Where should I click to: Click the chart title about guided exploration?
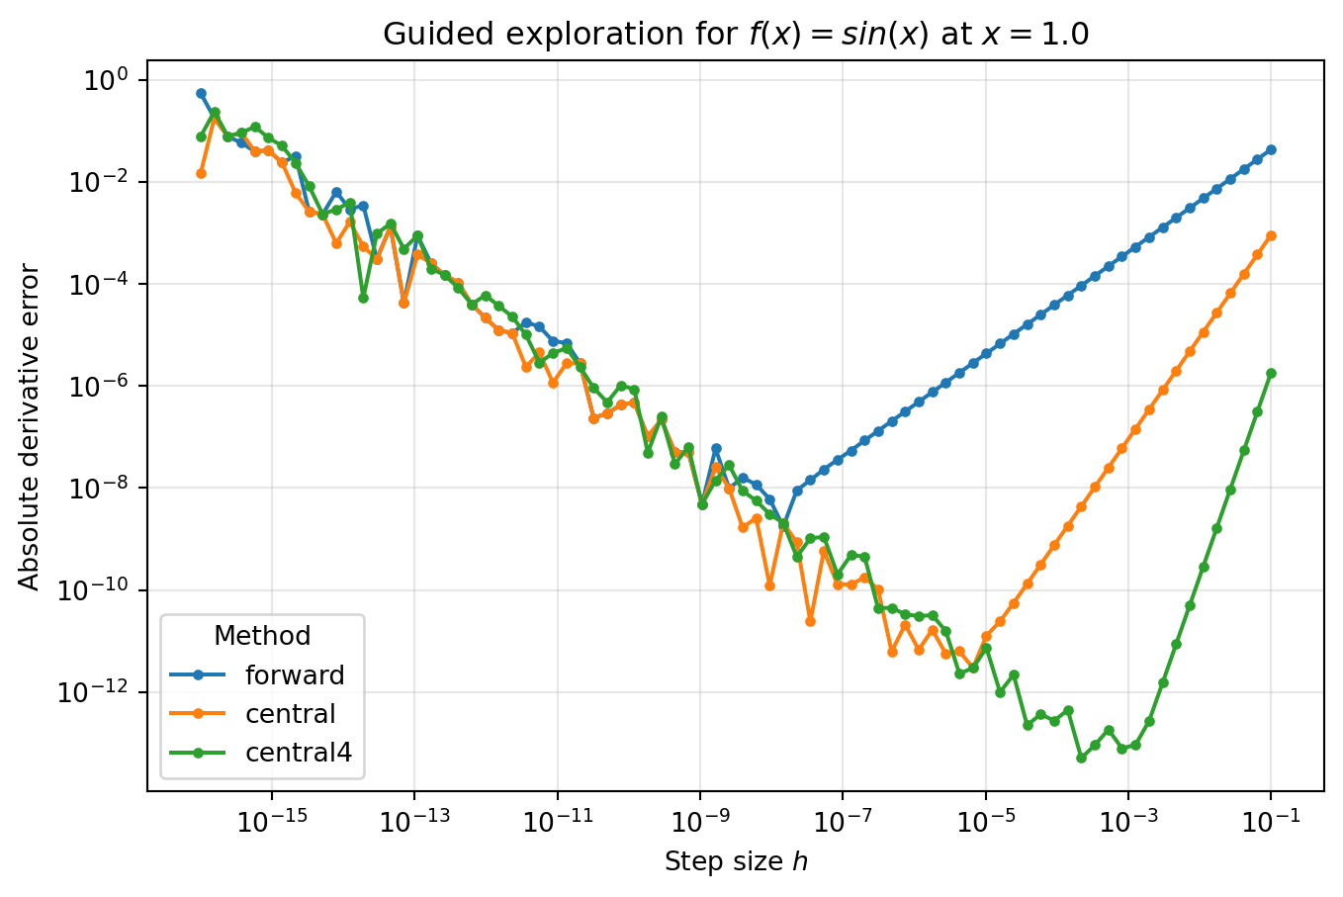[x=736, y=35]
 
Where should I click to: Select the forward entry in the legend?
[x=295, y=675]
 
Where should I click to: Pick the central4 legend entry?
[x=298, y=753]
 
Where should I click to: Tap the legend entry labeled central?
[x=290, y=714]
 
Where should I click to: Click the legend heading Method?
[x=262, y=636]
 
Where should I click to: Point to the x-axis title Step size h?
[x=736, y=862]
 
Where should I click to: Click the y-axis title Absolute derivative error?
[x=30, y=427]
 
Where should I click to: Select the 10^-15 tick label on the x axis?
[x=271, y=820]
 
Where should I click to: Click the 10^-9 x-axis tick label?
[x=700, y=820]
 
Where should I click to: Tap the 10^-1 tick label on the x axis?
[x=1271, y=820]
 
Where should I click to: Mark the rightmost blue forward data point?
[x=1271, y=149]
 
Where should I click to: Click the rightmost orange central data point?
[x=1271, y=235]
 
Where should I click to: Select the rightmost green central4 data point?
[x=1271, y=373]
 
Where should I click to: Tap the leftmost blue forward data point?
[x=201, y=93]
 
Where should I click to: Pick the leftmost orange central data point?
[x=201, y=173]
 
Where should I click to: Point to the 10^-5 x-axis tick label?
[x=985, y=820]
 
